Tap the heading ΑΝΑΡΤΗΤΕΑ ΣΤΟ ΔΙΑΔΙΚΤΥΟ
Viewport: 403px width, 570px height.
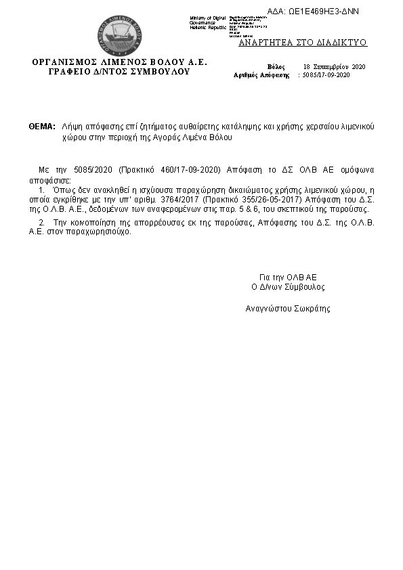pyautogui.click(x=303, y=42)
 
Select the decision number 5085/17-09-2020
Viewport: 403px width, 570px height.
pyautogui.click(x=326, y=75)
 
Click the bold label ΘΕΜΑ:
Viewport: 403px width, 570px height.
pyautogui.click(x=42, y=127)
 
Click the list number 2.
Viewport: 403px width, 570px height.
pyautogui.click(x=42, y=222)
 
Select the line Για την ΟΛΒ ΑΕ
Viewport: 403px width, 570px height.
pyautogui.click(x=288, y=277)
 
